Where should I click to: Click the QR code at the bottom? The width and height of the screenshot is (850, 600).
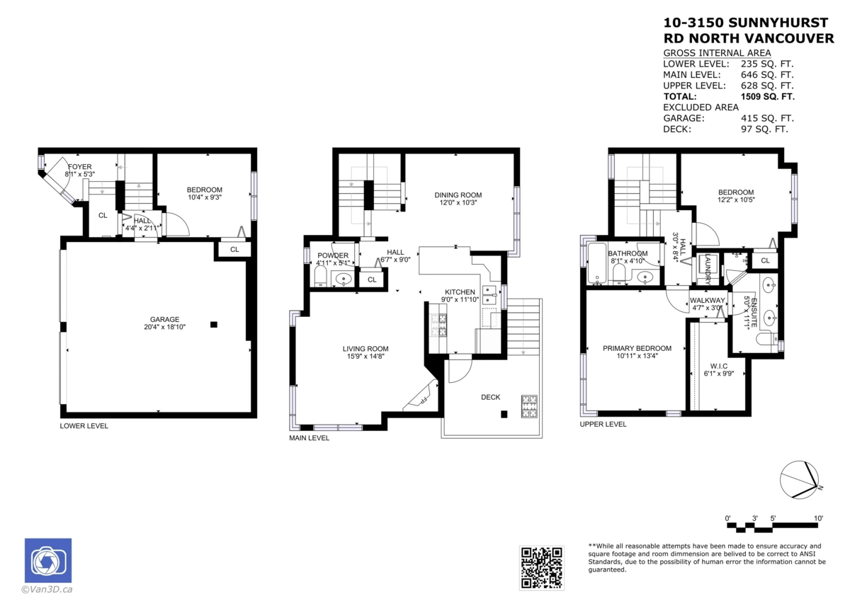click(x=542, y=567)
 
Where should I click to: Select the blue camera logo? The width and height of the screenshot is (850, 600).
click(x=48, y=561)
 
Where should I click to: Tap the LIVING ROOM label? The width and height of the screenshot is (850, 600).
click(x=365, y=349)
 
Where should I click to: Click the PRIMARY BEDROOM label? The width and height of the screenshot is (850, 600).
click(x=637, y=348)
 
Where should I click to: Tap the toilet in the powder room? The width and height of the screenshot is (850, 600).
click(x=319, y=276)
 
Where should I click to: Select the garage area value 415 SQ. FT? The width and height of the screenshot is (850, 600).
click(x=767, y=118)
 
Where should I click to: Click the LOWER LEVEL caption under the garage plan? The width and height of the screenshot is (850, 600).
click(x=84, y=426)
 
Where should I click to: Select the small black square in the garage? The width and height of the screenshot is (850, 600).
click(x=213, y=325)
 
